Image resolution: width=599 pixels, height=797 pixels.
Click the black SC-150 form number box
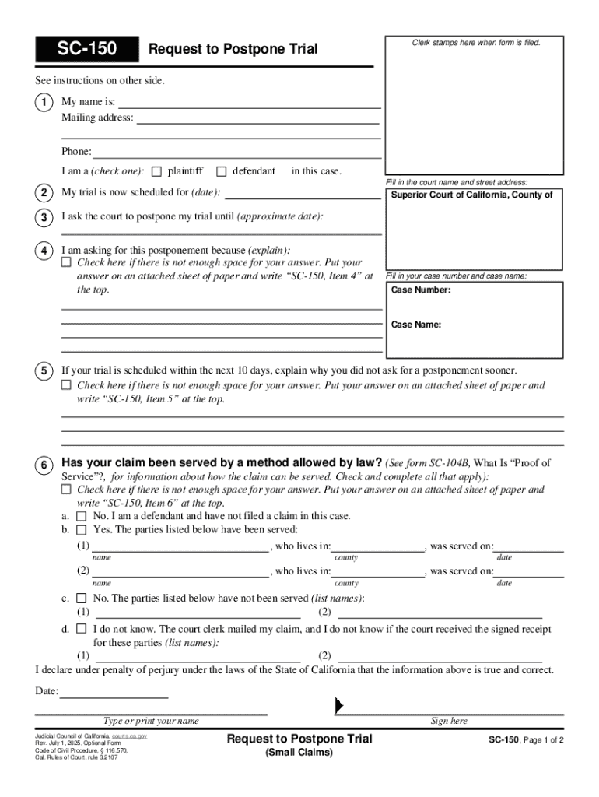[x=86, y=50]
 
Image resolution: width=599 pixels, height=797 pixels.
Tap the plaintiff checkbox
[x=156, y=171]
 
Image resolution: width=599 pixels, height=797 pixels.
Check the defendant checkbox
[x=222, y=171]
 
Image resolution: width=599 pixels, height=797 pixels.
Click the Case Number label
[x=420, y=290]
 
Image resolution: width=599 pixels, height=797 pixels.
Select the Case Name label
[x=416, y=325]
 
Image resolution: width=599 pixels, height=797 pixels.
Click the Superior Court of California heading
[x=471, y=195]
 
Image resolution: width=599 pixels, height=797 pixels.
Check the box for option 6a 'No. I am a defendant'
[x=82, y=516]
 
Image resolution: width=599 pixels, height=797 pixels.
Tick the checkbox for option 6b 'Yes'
[x=82, y=530]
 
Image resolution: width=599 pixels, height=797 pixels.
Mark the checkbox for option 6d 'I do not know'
[x=82, y=629]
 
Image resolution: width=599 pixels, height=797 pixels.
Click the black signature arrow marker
[x=338, y=705]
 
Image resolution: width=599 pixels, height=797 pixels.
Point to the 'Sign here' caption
[x=449, y=722]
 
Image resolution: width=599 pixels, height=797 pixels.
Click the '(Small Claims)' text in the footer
[x=299, y=753]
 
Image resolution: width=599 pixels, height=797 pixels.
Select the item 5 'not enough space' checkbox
[x=66, y=385]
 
